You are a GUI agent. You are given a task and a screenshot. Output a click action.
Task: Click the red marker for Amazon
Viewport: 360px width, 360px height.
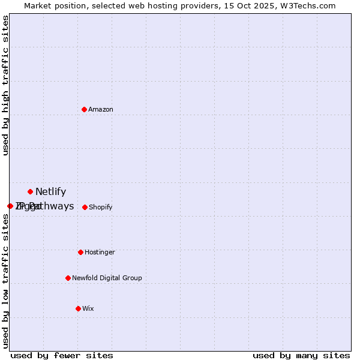[84, 109]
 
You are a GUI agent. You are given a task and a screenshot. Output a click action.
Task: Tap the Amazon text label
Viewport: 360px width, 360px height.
[101, 109]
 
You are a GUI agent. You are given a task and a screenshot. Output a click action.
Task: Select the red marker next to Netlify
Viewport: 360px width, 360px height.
[30, 191]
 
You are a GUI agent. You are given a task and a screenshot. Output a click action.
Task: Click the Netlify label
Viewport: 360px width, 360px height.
[51, 192]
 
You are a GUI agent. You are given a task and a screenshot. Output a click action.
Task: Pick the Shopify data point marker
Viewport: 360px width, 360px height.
[85, 207]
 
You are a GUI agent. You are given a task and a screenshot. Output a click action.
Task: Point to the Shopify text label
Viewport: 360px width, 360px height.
[101, 207]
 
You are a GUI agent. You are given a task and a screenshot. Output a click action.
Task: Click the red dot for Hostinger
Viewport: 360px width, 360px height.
[80, 252]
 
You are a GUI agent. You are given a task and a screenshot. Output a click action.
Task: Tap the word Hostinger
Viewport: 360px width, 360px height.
[100, 252]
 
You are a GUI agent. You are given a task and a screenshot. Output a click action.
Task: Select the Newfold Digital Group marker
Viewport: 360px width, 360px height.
[68, 278]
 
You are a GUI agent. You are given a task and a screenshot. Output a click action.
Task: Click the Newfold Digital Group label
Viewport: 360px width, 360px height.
[107, 278]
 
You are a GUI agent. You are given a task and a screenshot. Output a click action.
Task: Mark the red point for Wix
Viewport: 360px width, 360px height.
[78, 308]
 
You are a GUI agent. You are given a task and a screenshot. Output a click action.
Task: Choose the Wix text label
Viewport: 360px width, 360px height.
[88, 308]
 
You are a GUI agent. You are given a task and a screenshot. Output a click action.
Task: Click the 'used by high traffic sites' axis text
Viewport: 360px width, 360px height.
[6, 85]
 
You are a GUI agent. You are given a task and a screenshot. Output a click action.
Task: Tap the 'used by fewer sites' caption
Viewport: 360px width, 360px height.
[62, 355]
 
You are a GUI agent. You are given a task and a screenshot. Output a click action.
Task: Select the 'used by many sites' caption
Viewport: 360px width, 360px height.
[301, 355]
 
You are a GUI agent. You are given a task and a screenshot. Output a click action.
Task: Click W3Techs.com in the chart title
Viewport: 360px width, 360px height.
[308, 5]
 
